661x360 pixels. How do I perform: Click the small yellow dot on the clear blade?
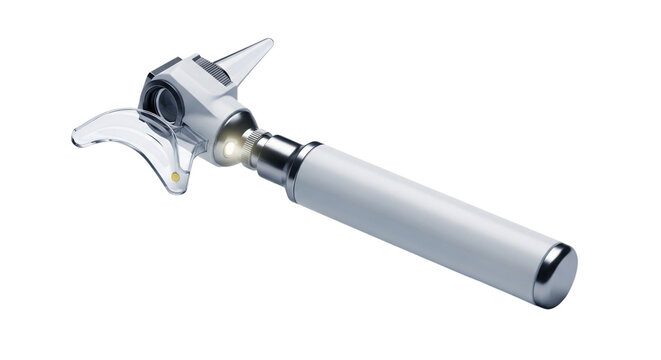click(x=177, y=176)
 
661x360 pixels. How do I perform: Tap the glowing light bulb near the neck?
click(x=231, y=148)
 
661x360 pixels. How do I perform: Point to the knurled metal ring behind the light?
click(x=256, y=147)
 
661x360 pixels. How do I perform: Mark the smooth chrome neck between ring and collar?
click(x=278, y=158)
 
